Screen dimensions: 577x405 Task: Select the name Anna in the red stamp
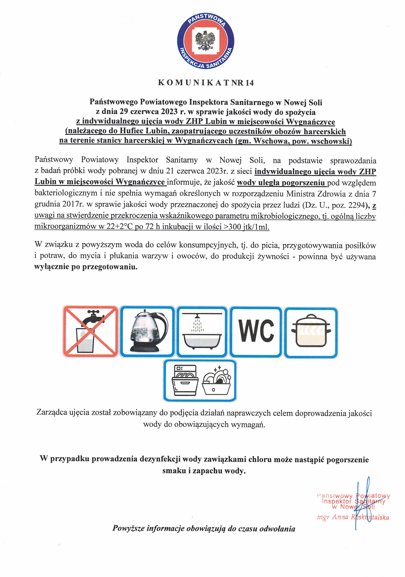point(340,517)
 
